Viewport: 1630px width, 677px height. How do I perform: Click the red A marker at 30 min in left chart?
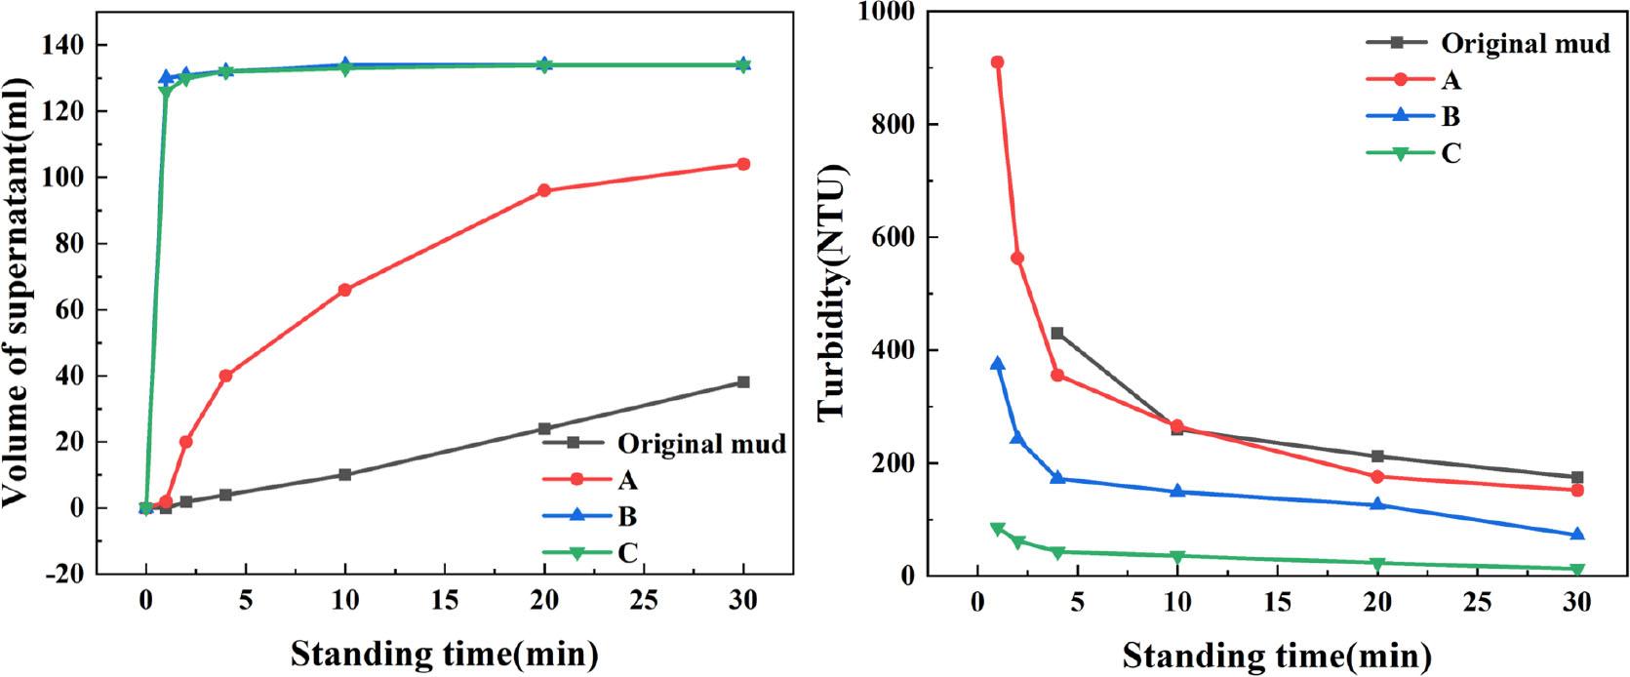[743, 164]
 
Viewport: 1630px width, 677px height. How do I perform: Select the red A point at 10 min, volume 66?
[344, 290]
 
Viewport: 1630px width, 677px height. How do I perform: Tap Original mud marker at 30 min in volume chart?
[743, 382]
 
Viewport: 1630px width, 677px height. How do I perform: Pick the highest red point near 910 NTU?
[997, 62]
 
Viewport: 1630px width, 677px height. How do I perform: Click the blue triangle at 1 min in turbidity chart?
[997, 364]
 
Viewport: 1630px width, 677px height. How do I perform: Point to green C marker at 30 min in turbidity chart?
[1577, 570]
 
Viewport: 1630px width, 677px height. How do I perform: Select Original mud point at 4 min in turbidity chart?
[1057, 334]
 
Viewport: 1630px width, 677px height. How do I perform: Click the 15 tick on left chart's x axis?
[444, 601]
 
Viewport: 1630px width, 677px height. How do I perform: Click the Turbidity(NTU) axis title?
[831, 293]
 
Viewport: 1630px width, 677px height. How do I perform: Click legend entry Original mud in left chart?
[700, 444]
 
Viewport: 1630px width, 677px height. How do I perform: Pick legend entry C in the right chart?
[1451, 154]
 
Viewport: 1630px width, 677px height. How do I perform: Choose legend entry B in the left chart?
[626, 516]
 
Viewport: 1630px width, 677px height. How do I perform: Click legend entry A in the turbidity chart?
[1451, 80]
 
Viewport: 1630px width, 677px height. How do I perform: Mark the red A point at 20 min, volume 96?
[544, 190]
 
